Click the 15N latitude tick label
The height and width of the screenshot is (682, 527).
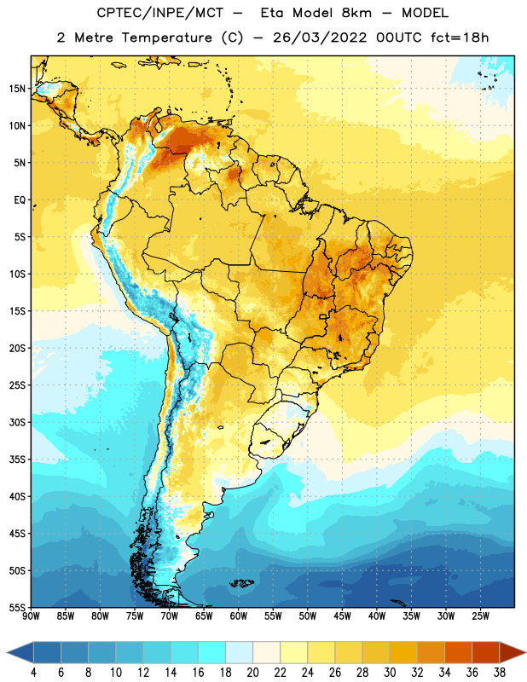tap(17, 89)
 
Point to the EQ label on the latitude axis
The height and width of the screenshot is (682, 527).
tap(20, 200)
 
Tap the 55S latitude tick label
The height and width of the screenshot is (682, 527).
tap(17, 608)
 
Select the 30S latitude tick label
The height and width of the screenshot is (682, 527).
tap(17, 422)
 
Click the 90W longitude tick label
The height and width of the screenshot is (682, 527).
tap(31, 616)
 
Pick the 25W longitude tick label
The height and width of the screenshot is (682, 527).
tap(480, 616)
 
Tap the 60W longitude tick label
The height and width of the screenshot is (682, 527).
tap(239, 616)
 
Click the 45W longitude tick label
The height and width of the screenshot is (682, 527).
tap(342, 616)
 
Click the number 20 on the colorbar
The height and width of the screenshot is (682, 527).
tap(252, 673)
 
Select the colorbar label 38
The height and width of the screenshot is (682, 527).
tap(500, 673)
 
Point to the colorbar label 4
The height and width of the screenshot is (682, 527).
tap(33, 673)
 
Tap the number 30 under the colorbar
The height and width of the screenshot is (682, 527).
tap(390, 673)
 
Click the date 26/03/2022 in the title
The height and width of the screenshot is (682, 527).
tap(320, 38)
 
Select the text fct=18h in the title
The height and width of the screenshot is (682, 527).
tap(460, 38)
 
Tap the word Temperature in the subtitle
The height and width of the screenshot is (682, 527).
tap(167, 38)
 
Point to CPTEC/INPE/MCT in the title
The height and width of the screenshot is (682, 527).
tap(160, 13)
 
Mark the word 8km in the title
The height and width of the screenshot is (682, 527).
tap(356, 13)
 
